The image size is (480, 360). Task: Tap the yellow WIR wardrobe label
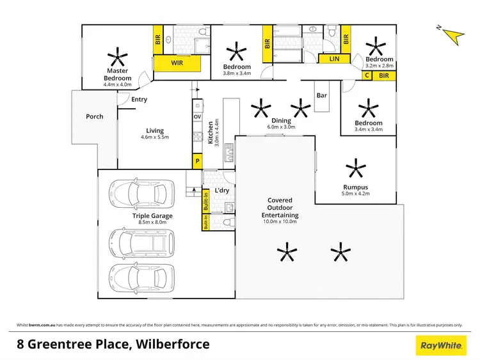(177, 63)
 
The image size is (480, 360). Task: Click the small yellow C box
(367, 75)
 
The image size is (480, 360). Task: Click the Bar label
(322, 96)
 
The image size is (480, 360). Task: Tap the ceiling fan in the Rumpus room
(355, 169)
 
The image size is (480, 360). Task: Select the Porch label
(94, 116)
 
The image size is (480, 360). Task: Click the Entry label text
(139, 99)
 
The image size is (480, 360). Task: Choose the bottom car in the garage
(137, 276)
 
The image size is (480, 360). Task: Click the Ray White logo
(440, 345)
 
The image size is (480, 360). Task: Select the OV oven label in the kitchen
(197, 116)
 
